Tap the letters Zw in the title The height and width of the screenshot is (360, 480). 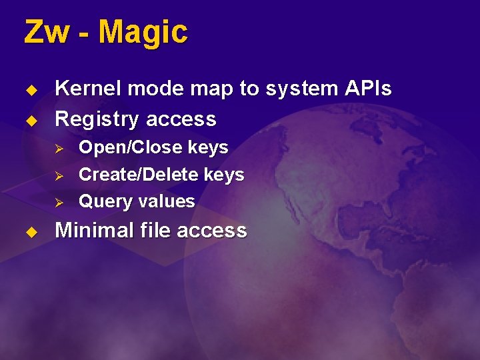pos(45,32)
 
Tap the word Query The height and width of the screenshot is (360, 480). pos(105,202)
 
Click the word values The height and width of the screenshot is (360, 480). pos(166,201)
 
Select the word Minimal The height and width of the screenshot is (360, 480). pos(95,231)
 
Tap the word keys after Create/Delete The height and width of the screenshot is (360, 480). pos(224,175)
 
